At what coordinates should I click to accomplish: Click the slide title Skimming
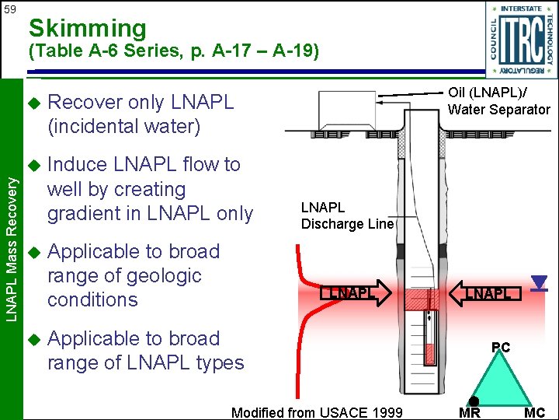tap(87, 29)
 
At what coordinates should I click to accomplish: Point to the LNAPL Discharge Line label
tap(348, 215)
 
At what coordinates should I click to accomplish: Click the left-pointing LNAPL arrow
tap(486, 293)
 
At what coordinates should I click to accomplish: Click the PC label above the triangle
tap(501, 348)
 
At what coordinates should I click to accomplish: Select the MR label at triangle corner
tap(469, 412)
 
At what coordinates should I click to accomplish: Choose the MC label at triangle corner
tap(534, 412)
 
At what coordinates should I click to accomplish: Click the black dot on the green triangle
tap(474, 401)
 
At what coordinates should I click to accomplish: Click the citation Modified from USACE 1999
tap(317, 412)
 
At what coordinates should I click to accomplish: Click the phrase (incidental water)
tap(123, 125)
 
